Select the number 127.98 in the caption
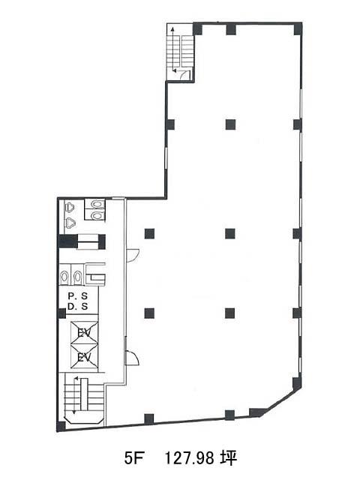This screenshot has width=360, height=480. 189,458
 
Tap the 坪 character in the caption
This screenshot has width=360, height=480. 228,458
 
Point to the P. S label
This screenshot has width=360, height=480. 78,296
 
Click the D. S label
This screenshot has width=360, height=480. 78,307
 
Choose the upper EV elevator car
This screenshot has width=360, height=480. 84,332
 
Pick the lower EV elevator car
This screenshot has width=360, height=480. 84,356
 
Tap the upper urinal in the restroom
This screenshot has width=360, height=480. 70,208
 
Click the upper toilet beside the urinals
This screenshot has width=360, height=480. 97,203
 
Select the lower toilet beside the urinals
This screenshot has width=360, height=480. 97,215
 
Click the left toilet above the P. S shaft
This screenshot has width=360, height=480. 64,277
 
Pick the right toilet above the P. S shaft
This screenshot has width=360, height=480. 78,277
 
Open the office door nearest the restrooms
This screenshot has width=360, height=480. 133,256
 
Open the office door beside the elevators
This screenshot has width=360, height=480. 132,358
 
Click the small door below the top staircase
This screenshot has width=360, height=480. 185,75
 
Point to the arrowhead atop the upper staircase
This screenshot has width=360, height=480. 172,29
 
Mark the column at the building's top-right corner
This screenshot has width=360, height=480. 298,28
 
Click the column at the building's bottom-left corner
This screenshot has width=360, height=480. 61,426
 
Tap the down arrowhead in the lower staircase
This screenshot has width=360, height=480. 73,412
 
